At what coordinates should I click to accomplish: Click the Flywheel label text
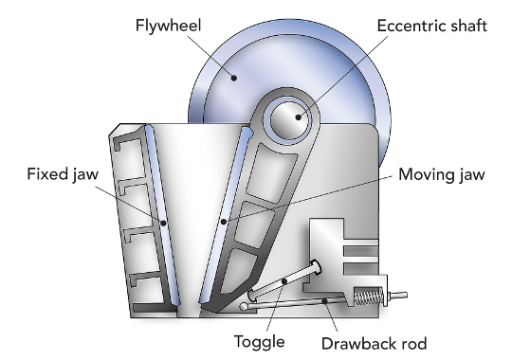point(168,27)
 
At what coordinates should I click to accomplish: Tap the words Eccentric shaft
point(432,26)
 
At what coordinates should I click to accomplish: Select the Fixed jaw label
point(63,174)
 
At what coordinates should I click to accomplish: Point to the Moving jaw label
point(442,174)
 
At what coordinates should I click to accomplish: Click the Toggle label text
point(259,342)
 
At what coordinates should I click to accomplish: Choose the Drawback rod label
point(374,343)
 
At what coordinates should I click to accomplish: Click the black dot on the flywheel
point(234,78)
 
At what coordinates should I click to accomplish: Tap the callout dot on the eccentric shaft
point(298,117)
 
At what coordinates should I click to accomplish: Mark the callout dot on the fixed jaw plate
point(163,223)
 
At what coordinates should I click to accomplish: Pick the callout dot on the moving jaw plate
point(224,222)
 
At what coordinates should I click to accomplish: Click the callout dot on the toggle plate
point(284,281)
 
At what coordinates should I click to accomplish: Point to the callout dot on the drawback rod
point(324,301)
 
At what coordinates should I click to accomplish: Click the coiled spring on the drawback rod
point(369,297)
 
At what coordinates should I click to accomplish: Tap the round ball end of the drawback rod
point(244,306)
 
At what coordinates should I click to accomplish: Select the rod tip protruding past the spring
point(398,296)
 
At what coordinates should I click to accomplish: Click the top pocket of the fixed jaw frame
point(129,158)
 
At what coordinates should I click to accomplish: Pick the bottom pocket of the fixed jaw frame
point(147,291)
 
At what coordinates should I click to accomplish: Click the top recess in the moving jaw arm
point(272,173)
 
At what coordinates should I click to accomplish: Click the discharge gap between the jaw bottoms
point(189,309)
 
